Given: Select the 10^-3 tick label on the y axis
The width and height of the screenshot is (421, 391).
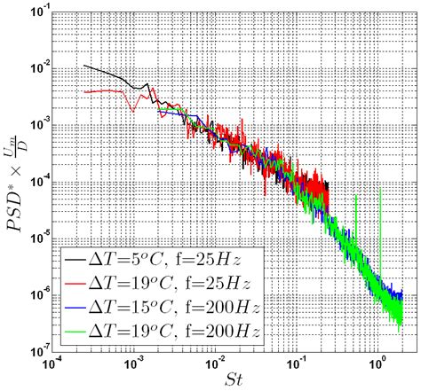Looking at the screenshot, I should tap(39, 124).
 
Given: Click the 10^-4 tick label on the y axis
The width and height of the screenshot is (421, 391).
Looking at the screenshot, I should tap(39, 179).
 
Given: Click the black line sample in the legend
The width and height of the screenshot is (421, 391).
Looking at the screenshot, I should tap(78, 258).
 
